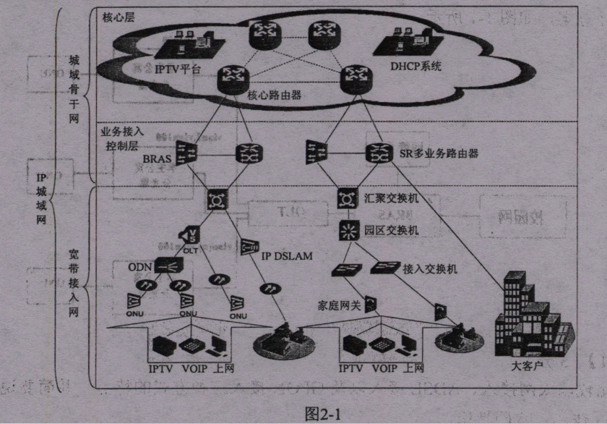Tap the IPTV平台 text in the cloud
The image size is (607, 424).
click(177, 69)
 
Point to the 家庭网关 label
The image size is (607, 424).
click(338, 305)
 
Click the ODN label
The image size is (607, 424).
click(142, 267)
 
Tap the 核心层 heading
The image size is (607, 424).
click(119, 15)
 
